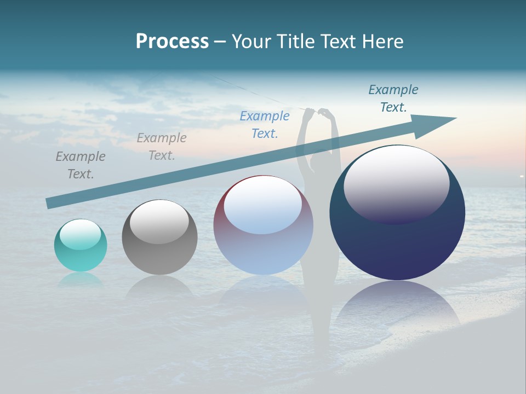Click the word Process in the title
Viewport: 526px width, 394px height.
(x=172, y=42)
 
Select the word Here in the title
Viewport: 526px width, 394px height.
(x=383, y=42)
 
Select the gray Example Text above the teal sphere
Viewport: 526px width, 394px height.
(x=81, y=165)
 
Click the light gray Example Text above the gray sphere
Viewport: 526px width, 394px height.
(x=162, y=147)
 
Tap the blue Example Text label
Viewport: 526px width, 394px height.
(x=265, y=125)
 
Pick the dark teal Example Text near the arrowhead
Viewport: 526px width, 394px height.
(x=393, y=99)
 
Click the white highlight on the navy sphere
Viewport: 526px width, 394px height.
(x=396, y=183)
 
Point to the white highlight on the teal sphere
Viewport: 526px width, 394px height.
(x=80, y=234)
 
